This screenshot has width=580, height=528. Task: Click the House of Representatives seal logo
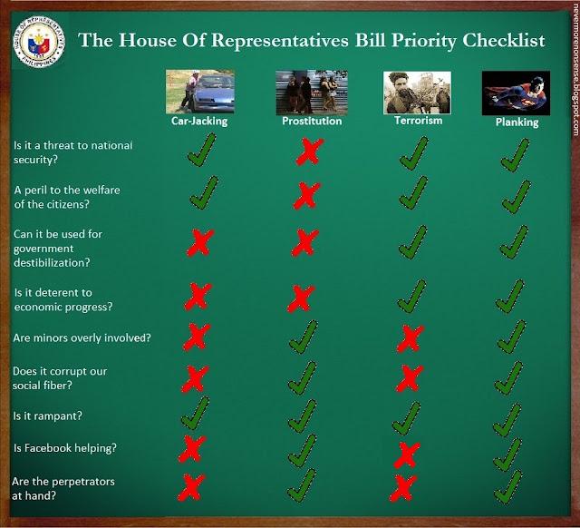pos(39,42)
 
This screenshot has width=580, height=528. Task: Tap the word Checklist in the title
pos(504,40)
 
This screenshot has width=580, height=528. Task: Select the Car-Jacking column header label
pos(199,121)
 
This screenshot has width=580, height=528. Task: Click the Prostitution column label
pos(312,121)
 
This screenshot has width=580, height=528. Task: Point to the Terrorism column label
pos(419,121)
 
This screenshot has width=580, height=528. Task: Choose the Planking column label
pos(517,122)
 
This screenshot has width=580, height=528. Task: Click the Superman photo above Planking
pos(516,93)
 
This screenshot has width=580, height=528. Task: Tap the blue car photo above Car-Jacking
pos(200,91)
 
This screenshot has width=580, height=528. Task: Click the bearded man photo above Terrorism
pos(417,93)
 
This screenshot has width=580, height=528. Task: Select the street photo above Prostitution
pos(312,93)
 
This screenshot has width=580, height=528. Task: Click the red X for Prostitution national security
pos(310,152)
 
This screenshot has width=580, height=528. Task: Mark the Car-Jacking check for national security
pos(202,150)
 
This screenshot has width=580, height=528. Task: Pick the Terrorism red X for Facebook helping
pos(407,455)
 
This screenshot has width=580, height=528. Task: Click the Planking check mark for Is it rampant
pos(507,420)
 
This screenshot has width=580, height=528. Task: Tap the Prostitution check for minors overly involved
pos(304,337)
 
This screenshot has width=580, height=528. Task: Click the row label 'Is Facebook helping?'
pos(65,448)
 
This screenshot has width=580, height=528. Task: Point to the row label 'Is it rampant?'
pos(48,416)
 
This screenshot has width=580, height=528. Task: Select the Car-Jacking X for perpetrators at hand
pos(191,488)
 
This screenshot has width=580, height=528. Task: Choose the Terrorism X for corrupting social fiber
pos(410,378)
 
